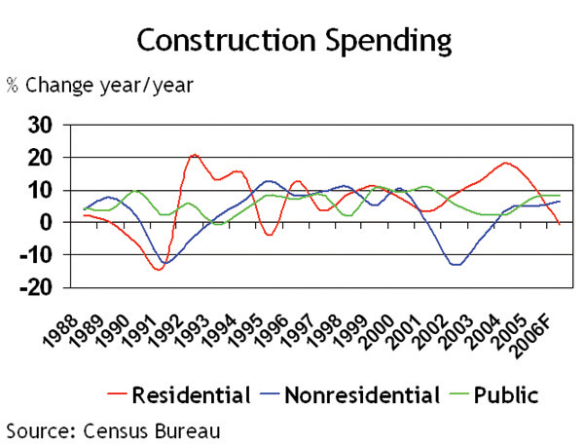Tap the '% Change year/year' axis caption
[100, 85]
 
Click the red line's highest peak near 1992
[195, 155]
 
